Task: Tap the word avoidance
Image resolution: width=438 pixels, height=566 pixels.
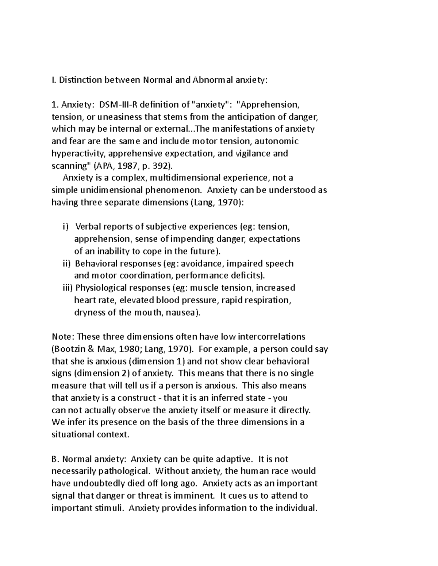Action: (203, 264)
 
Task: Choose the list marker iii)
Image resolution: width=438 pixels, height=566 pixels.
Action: (68, 288)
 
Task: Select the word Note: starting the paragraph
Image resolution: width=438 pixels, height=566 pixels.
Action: (63, 337)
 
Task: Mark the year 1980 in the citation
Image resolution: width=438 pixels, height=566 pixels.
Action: (130, 350)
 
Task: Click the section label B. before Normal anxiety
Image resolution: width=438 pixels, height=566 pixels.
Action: (55, 459)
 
